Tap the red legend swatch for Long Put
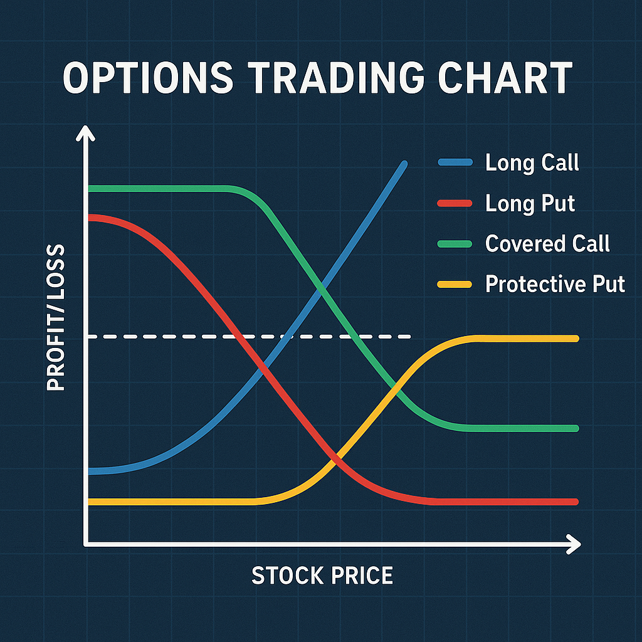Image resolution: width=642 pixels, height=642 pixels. click(x=454, y=203)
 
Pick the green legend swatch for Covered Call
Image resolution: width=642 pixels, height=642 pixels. click(x=454, y=244)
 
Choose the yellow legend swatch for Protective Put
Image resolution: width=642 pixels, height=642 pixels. click(x=454, y=284)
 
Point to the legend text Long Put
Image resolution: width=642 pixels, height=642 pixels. click(x=530, y=203)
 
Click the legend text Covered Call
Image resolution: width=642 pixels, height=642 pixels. click(x=547, y=244)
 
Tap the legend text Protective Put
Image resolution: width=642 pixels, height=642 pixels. click(x=555, y=284)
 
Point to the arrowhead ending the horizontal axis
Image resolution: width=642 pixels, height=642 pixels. click(x=574, y=544)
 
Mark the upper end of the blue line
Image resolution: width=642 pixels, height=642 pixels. click(x=404, y=164)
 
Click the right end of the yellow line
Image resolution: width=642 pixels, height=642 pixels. click(x=574, y=339)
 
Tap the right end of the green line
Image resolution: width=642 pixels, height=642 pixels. click(x=574, y=428)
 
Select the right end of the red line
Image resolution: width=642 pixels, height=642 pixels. click(x=574, y=502)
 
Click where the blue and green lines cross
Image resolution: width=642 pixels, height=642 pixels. click(x=322, y=289)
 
